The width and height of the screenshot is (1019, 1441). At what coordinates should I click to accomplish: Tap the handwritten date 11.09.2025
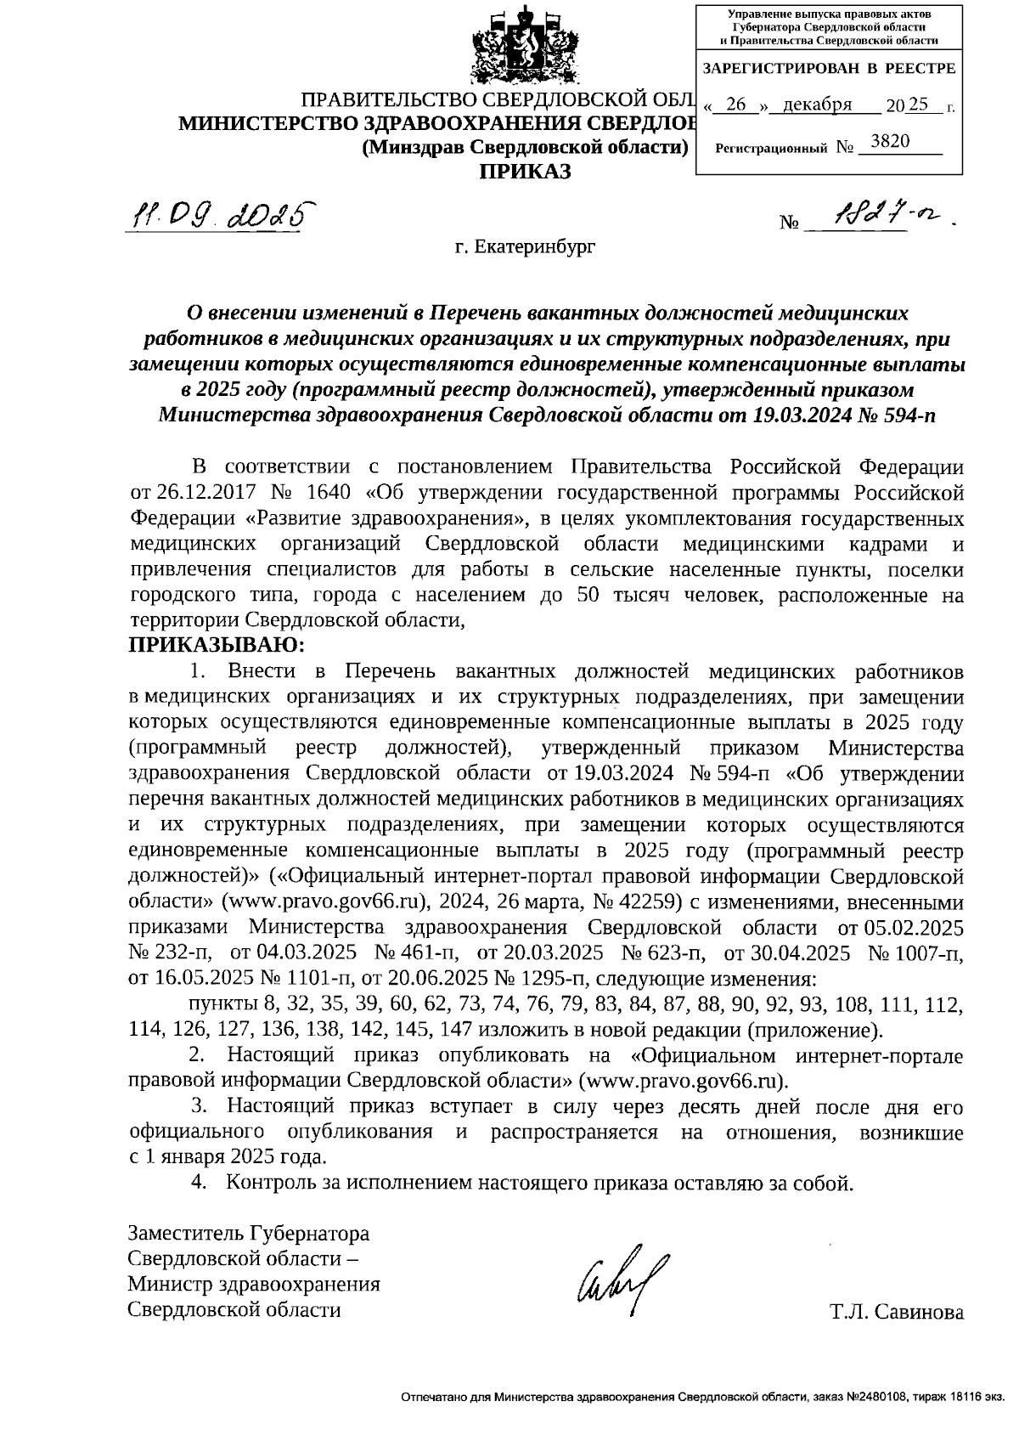coord(216,214)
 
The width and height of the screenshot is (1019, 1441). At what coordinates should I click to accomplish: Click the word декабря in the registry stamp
coord(817,105)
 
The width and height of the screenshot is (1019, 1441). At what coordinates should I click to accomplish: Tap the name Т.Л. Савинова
coord(898,1312)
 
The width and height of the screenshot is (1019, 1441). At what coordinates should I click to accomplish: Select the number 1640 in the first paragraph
coord(331,494)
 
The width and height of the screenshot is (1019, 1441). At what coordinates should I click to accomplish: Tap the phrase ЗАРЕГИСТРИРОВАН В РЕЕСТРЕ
coord(830,69)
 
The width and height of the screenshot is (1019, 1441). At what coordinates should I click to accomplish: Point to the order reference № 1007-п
coord(915,952)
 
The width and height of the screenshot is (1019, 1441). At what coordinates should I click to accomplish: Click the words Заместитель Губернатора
coord(248,1233)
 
